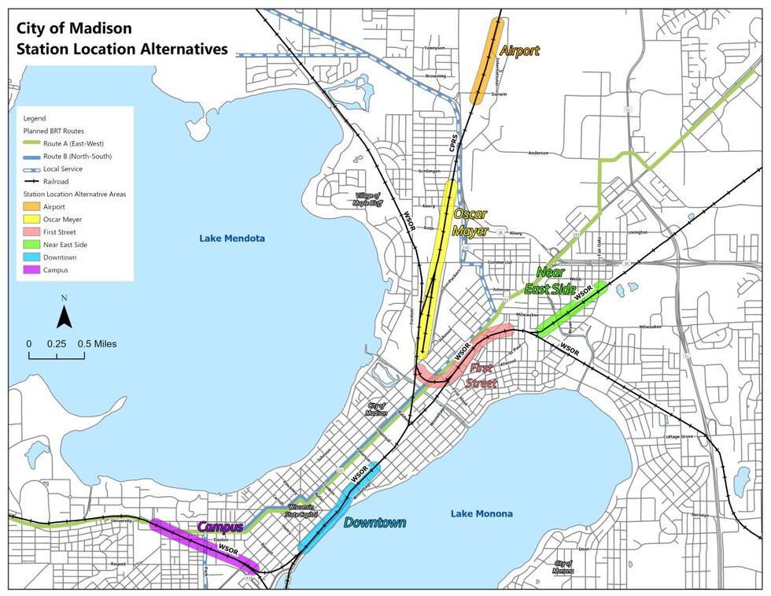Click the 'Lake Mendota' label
[232, 238]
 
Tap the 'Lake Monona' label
[481, 513]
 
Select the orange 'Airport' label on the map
[519, 50]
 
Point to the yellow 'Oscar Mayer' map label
[470, 223]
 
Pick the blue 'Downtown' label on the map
[374, 523]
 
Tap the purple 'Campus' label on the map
[219, 526]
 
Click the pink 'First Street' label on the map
[482, 376]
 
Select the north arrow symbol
[65, 314]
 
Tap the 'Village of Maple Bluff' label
[367, 199]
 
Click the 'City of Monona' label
[563, 567]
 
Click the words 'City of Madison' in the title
[75, 28]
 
